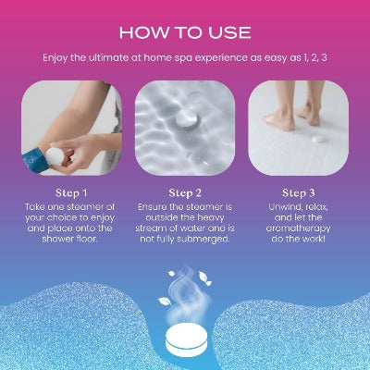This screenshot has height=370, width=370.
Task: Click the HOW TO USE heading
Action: [x=185, y=32]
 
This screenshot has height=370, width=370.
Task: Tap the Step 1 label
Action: [x=71, y=193]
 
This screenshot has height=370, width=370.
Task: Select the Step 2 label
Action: [x=185, y=193]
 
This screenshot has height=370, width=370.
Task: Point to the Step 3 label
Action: [x=299, y=193]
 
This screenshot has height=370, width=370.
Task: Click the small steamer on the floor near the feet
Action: [x=319, y=139]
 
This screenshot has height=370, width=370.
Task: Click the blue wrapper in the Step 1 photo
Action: [x=33, y=160]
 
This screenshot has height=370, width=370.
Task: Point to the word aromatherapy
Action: [x=298, y=228]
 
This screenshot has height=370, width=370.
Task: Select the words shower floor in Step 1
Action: [x=69, y=239]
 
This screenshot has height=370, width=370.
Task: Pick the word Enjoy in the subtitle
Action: [x=55, y=58]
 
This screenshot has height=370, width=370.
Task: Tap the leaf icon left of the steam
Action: [x=165, y=301]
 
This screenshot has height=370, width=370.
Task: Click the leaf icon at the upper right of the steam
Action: [x=204, y=278]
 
